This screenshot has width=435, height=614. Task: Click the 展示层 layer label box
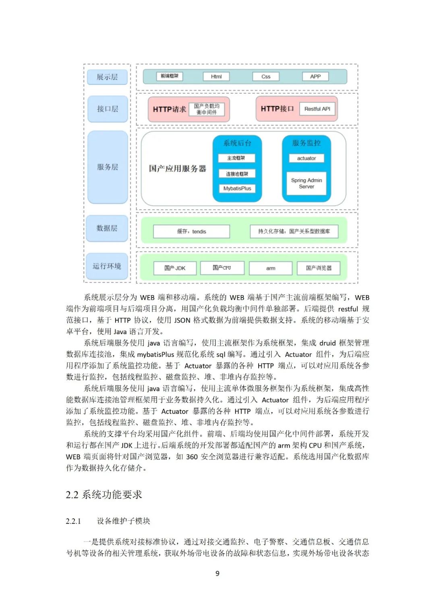click(107, 77)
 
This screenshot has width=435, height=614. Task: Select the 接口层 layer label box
click(107, 109)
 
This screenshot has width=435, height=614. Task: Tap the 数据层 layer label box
click(107, 228)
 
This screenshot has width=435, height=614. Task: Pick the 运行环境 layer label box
click(107, 266)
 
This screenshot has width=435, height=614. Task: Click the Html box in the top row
click(216, 76)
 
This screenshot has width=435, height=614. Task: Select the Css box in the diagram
click(266, 76)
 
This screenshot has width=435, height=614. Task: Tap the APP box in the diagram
click(315, 76)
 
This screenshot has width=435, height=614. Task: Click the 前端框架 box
click(170, 76)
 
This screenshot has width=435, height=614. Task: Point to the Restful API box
click(317, 109)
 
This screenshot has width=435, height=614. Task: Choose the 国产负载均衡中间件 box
click(207, 109)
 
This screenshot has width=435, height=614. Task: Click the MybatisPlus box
click(237, 188)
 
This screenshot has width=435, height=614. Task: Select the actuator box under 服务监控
click(307, 158)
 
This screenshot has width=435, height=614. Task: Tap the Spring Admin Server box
click(307, 183)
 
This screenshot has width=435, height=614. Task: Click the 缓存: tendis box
click(191, 232)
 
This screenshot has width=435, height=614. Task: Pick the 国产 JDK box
click(175, 268)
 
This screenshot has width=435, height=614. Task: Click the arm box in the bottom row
click(271, 268)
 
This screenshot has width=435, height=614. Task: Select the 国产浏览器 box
click(319, 268)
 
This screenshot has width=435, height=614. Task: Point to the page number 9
click(217, 573)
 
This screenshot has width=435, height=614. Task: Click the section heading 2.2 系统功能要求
click(104, 495)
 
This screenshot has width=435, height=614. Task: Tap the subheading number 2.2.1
click(73, 521)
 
